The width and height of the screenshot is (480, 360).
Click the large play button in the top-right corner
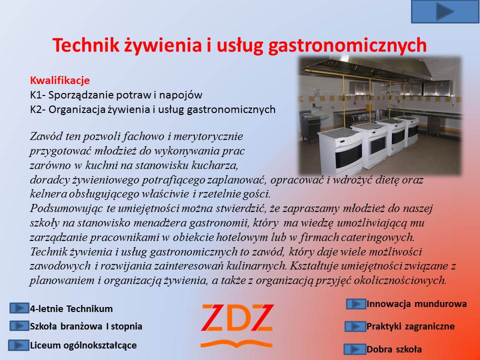pos(445,11)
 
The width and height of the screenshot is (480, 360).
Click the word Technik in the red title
pos(85,45)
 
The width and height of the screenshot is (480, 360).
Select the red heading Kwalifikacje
pos(60,80)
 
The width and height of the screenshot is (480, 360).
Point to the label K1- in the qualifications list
pos(38,95)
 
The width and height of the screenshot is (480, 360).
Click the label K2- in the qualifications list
pos(38,109)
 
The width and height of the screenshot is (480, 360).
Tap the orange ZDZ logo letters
pos(237,318)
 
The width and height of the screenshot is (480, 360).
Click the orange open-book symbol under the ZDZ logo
pos(236,343)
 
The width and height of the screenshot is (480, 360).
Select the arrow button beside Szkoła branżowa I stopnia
pos(19,326)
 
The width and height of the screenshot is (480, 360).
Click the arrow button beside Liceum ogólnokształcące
pos(18,345)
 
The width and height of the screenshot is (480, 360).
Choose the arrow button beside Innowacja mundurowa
pos(356,304)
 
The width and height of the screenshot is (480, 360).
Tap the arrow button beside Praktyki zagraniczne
pos(355,326)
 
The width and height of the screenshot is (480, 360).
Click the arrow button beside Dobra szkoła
pos(355,349)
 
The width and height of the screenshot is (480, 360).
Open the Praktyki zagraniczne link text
pos(410,326)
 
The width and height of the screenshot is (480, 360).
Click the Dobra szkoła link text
pos(394,349)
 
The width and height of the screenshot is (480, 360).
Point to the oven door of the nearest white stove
pos(348,156)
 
